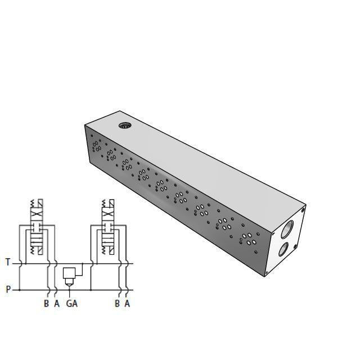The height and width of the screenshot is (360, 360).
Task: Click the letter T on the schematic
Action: pos(8,262)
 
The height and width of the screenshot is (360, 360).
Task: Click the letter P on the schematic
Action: pos(8,290)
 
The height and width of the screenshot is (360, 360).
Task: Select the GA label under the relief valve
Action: pos(71,304)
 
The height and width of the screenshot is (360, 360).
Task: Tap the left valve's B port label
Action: pos(47,304)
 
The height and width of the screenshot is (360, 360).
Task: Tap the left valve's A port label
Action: pos(57,304)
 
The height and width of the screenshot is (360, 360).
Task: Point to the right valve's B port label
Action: pos(117,304)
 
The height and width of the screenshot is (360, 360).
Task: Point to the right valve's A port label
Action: pos(127,304)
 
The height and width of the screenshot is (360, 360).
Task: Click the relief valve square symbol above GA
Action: pos(70,273)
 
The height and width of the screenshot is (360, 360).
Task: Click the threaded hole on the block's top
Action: pos(124,125)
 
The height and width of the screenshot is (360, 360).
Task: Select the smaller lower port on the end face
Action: pos(283,249)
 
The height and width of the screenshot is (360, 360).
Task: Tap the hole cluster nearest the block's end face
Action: pos(247,237)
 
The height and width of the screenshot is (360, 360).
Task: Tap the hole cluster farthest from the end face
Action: pos(96,146)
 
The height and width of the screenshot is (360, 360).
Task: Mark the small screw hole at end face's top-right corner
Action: pos(303,209)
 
